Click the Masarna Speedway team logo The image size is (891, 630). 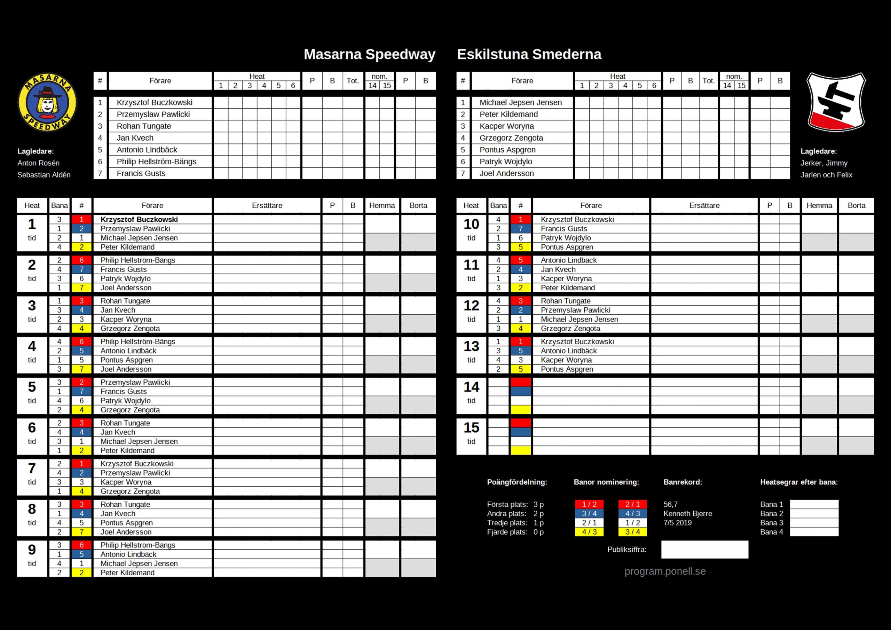coord(47,102)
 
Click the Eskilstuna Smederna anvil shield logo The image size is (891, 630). coord(836,102)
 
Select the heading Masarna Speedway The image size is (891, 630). coord(369,54)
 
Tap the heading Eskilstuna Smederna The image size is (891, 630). coord(529,54)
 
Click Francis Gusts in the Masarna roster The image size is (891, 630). coord(141,174)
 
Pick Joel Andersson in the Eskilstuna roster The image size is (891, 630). coord(506,174)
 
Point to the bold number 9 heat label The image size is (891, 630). coord(32,550)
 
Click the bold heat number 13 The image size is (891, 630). coord(471,346)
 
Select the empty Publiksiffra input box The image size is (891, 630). coord(704,550)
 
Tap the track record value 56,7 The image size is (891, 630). coord(671,505)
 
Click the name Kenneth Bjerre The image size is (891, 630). coord(688,513)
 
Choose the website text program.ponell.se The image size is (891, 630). coord(665,572)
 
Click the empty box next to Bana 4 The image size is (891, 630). coord(814,532)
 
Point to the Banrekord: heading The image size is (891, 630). coord(683,482)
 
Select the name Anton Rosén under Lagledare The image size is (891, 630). coord(38,163)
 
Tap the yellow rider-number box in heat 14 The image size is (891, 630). coord(520,410)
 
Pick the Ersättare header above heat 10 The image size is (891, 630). coord(704,206)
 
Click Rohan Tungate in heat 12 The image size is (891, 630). coord(566,301)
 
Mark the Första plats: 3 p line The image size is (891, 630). coord(515,505)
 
